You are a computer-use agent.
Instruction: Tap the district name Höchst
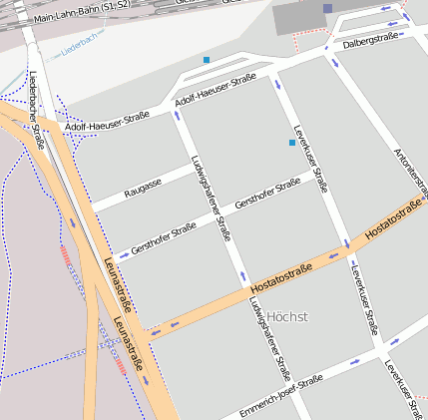pos(287,317)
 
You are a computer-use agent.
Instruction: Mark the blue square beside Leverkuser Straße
pos(291,144)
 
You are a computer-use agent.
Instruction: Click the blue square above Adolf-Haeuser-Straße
pos(207,61)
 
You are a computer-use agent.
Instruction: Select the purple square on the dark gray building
pos(327,8)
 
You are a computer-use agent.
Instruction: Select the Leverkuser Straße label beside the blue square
pos(310,158)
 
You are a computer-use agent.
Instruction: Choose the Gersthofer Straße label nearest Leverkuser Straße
pos(266,195)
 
